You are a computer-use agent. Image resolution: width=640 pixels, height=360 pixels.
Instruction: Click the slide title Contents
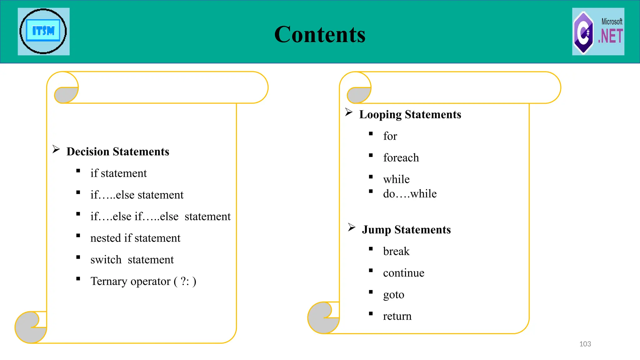pos(320,34)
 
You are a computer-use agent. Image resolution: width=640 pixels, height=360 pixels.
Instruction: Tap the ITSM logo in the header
pos(43,32)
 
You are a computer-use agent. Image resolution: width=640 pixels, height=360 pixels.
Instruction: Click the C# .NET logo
pos(598,32)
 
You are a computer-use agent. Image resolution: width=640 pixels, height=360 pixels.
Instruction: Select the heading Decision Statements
pos(118,152)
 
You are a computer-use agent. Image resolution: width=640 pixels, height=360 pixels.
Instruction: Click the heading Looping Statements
pos(410,114)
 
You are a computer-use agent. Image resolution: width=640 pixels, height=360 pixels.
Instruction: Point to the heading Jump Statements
pos(406,230)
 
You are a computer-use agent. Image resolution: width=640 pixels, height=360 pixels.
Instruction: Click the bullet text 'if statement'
pos(118,173)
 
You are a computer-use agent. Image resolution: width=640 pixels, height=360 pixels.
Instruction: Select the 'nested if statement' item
pos(135,238)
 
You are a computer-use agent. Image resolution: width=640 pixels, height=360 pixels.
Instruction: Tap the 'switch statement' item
pos(132,260)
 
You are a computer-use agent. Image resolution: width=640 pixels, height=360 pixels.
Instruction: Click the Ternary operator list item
pos(143,281)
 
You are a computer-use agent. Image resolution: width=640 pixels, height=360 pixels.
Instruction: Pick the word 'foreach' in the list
pos(401,158)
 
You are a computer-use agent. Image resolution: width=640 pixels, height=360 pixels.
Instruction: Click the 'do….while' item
pos(410,194)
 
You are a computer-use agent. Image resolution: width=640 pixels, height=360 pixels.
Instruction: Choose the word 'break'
pos(396,251)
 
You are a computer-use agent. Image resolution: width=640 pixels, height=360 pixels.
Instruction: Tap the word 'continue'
pos(403,273)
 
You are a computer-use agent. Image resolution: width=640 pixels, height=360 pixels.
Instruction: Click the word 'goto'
pos(393,295)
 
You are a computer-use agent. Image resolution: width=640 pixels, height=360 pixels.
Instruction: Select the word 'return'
pos(397,316)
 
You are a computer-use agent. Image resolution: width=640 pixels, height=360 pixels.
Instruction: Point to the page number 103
pos(585,344)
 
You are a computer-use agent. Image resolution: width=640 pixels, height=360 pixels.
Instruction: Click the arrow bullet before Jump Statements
pos(352,227)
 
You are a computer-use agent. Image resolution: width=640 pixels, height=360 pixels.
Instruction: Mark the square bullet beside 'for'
pos(371,134)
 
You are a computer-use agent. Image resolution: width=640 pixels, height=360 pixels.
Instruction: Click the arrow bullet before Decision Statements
pos(56,149)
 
